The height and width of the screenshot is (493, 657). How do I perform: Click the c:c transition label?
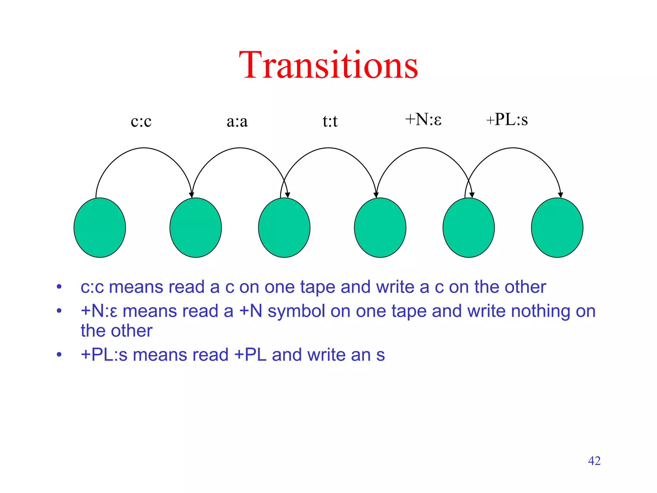coord(141,121)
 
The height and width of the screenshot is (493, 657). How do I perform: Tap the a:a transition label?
coord(237,121)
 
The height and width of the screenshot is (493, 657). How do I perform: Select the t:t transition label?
coord(330,121)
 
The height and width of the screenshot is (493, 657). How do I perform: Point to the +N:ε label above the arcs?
coord(423,119)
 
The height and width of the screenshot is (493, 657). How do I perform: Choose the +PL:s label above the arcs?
coord(507,119)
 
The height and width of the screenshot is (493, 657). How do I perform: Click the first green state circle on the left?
coord(100,228)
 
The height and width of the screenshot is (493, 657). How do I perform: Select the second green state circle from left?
coord(196,228)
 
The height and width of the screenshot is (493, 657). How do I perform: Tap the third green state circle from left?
coord(284,228)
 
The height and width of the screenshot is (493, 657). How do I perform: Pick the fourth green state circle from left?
coord(380,228)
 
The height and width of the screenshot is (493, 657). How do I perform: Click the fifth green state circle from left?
coord(469,228)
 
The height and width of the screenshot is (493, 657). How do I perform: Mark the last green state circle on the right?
coord(557,228)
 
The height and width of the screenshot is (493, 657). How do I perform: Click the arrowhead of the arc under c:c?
coord(192,195)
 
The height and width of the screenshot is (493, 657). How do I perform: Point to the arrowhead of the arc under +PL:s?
coord(560,195)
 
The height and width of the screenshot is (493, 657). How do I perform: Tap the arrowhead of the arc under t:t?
coord(376,195)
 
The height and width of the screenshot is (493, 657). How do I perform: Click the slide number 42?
coord(594,461)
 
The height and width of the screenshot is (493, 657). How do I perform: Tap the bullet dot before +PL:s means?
coord(59,355)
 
